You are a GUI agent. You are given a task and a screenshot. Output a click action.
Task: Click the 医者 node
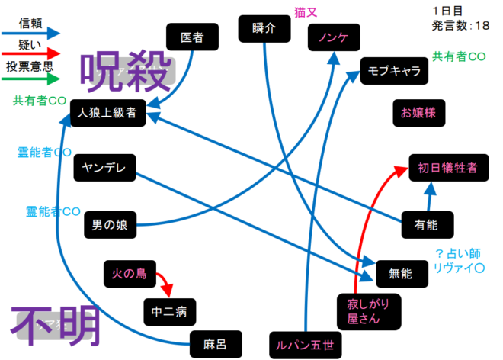coord(193,36)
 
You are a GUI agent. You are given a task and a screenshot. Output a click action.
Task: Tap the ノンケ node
coord(333,36)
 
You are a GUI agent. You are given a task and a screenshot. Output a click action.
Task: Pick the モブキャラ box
coord(394,70)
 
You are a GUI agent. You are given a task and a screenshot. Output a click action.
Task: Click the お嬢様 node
coord(418,112)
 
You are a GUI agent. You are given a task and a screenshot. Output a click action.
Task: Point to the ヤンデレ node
coord(104,167)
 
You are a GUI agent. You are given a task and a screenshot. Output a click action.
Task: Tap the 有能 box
coord(426,224)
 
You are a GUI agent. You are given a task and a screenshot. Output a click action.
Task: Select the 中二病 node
coord(169,310)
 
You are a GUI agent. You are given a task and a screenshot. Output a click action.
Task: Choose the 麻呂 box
coord(216,342)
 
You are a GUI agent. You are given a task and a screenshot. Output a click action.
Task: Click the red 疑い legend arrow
coord(30,53)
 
